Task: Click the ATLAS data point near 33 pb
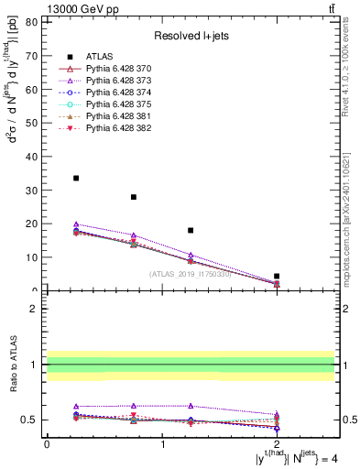(76, 178)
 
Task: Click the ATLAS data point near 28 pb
(134, 197)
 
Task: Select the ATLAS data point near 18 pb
(191, 231)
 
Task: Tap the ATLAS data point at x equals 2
(277, 276)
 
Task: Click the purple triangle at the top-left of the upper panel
(76, 224)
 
